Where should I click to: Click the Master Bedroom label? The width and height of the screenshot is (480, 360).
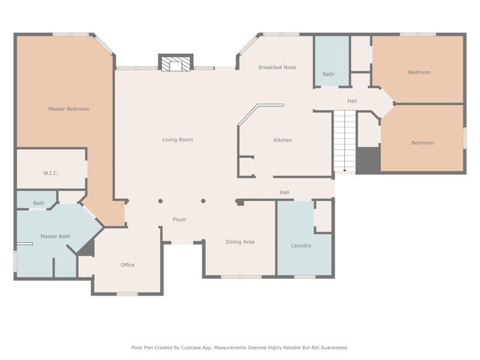[68, 109]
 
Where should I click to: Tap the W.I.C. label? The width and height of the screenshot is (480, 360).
[50, 173]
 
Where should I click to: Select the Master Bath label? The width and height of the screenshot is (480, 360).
[55, 236]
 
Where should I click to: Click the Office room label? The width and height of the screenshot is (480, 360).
[127, 265]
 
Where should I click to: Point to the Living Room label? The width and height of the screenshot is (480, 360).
[178, 140]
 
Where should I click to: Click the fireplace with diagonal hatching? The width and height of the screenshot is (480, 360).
[175, 63]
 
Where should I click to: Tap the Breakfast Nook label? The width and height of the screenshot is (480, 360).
[277, 67]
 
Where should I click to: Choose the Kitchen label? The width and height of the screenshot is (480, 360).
[283, 140]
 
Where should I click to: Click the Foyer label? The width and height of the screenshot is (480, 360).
[179, 220]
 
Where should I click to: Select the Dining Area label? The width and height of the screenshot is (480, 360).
[240, 241]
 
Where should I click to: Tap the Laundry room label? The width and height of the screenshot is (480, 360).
[301, 245]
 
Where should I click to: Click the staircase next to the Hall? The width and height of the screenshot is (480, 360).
[345, 141]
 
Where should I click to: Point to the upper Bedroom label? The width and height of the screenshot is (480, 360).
[419, 72]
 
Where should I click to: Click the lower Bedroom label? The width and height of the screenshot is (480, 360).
[422, 142]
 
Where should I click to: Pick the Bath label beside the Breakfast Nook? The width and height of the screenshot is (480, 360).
[328, 74]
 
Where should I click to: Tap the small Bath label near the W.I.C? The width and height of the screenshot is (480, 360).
[39, 203]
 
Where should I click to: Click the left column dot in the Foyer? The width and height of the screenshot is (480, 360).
[160, 201]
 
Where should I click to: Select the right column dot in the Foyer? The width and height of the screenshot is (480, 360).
[203, 201]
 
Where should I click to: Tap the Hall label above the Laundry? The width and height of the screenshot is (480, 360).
[284, 192]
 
